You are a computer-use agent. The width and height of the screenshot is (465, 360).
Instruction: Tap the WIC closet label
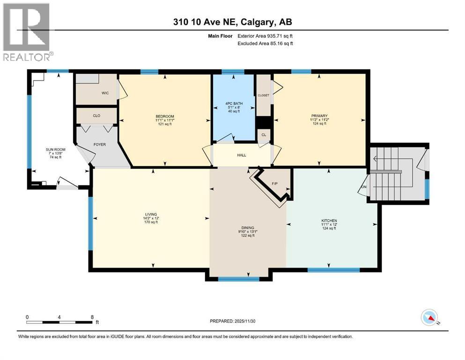pyautogui.click(x=105, y=93)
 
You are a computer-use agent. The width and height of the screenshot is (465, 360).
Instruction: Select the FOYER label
pyautogui.click(x=100, y=144)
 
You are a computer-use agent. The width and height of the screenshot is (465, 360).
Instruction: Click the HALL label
pyautogui.click(x=241, y=155)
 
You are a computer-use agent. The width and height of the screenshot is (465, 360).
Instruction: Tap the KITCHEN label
pyautogui.click(x=329, y=221)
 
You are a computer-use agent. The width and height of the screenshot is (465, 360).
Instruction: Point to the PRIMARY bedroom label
pyautogui.click(x=319, y=116)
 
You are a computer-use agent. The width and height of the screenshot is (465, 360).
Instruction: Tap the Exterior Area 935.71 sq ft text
pyautogui.click(x=266, y=36)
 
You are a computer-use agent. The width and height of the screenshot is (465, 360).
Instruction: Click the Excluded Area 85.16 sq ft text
pyautogui.click(x=266, y=44)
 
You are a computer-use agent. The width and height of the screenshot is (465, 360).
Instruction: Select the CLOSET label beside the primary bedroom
pyautogui.click(x=263, y=95)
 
